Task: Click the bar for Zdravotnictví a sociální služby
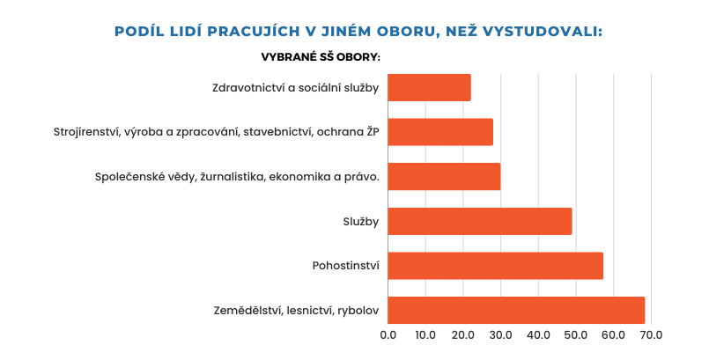coord(429,87)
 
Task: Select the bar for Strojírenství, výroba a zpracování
coord(440,132)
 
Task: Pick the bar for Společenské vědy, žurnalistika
coord(444,176)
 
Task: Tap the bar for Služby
coord(480,221)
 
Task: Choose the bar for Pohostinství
coord(495,266)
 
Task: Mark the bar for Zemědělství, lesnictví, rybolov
coord(516,310)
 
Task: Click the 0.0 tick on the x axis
coord(388,335)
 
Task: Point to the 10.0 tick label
coord(425,335)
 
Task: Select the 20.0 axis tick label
coord(463,335)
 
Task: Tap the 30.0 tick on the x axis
coord(500,335)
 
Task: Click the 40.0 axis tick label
coord(538,335)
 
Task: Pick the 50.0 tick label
coord(576,335)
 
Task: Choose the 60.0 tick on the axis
coord(613,335)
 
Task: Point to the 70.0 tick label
coord(650,335)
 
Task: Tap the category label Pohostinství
coord(345,266)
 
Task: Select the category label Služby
coord(361,221)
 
